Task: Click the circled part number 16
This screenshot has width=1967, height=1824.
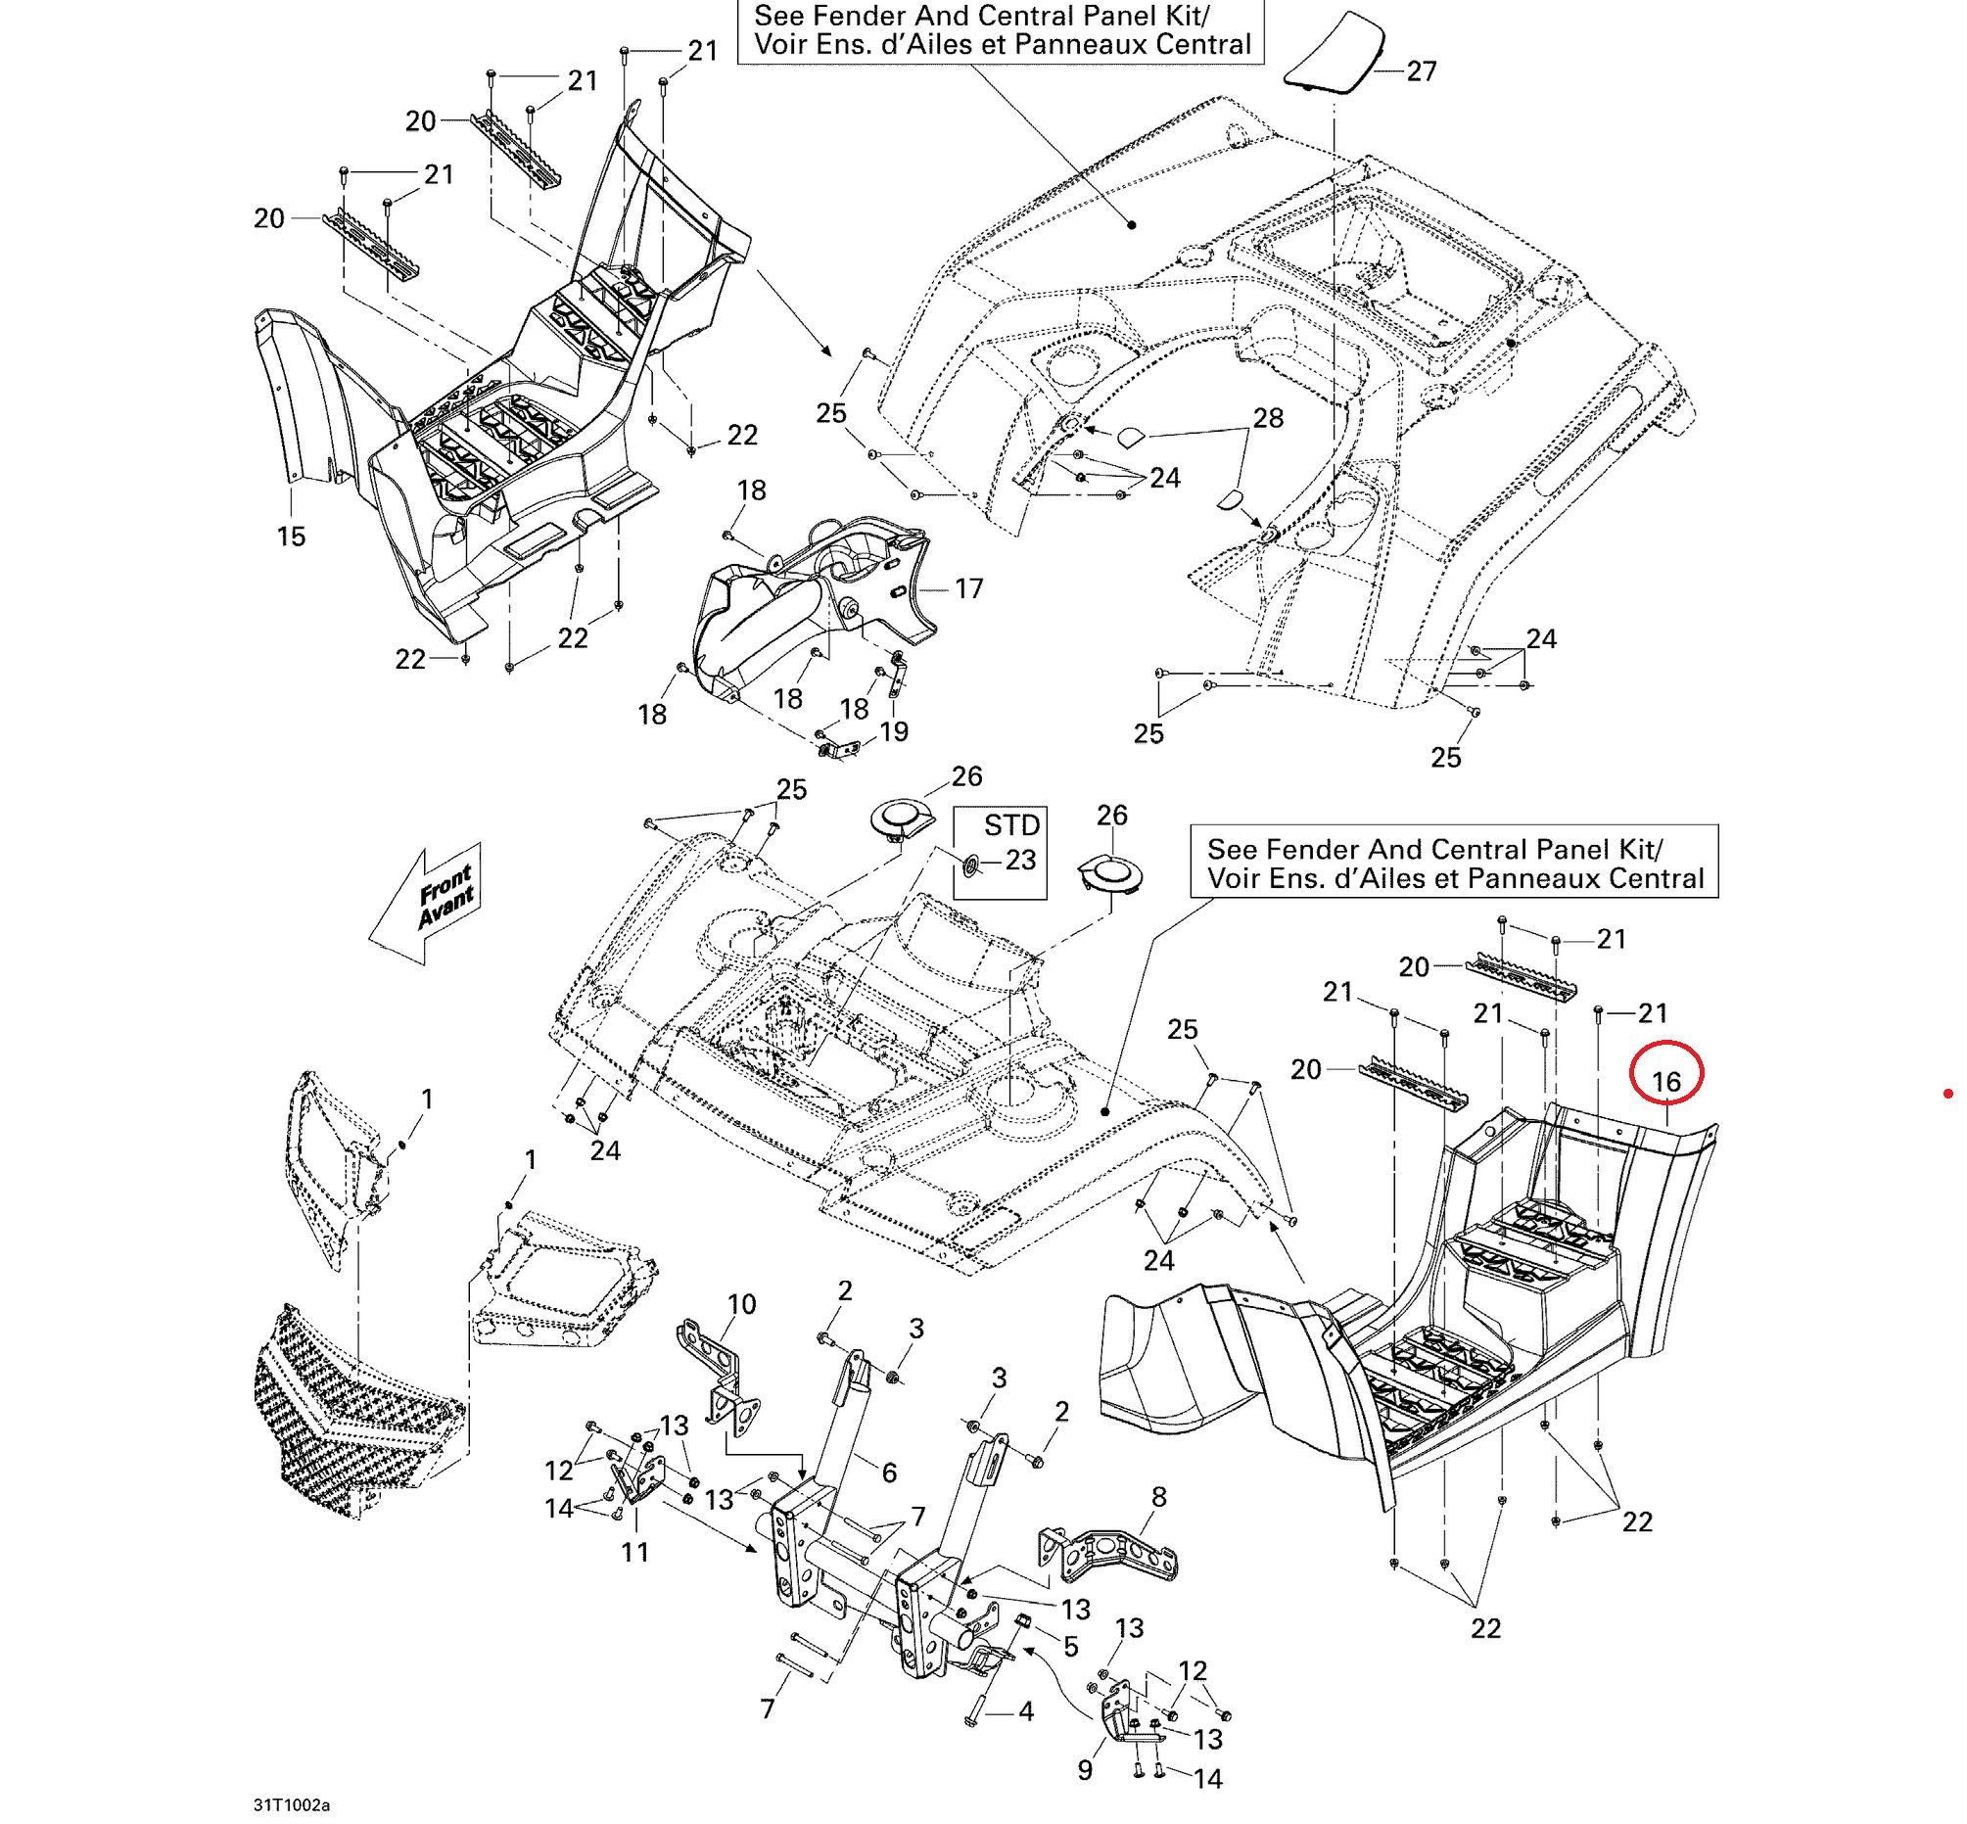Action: pos(1666,1082)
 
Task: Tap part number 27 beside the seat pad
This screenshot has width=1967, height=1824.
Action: pos(1422,71)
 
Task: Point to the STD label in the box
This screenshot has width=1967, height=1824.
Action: pos(1011,825)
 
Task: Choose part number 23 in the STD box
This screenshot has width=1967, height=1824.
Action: pos(1020,861)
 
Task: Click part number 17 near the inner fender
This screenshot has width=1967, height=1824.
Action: pos(969,589)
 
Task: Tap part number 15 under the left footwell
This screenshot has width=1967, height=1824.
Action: pos(291,537)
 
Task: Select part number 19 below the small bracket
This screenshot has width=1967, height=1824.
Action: pos(894,731)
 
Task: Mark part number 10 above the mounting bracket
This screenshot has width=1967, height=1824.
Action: pos(741,1305)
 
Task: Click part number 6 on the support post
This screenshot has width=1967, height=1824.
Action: pos(888,1473)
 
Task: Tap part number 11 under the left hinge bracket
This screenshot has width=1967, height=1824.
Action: pos(635,1553)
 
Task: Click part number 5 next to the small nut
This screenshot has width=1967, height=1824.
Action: pos(1071,1647)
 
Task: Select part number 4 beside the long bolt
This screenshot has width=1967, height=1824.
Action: pos(1025,1711)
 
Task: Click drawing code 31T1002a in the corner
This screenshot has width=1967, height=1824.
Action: pos(291,1805)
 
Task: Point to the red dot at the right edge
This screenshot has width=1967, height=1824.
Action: pos(1947,1093)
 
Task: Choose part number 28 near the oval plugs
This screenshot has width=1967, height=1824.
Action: pos(1268,418)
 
